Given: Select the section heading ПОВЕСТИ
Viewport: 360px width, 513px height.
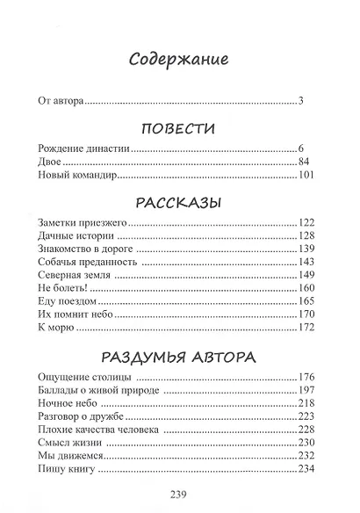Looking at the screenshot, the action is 179,129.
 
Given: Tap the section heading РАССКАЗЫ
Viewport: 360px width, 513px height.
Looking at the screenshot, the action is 179,204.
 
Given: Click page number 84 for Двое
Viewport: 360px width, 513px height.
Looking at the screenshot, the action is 306,163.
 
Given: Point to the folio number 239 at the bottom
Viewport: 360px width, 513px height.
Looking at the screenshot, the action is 179,493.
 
